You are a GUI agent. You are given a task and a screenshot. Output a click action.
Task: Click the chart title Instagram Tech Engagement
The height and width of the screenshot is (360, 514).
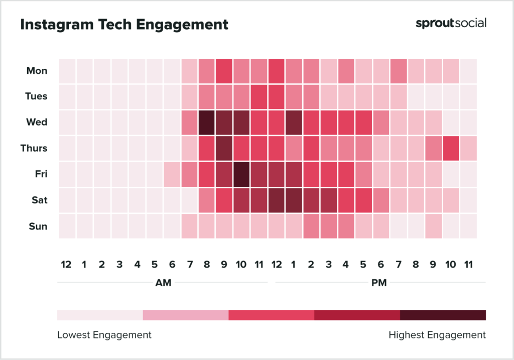(124, 24)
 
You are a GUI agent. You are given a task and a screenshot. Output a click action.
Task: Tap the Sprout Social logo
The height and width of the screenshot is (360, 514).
(451, 23)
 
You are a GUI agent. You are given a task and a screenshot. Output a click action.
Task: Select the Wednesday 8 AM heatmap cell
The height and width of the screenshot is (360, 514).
(206, 123)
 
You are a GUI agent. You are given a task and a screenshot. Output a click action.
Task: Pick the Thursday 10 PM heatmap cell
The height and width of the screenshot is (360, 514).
(450, 148)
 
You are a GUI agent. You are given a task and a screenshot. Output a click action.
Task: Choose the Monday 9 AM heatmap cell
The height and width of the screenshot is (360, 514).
(224, 71)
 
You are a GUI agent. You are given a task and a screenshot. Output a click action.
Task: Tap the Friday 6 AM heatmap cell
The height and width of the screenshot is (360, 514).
(172, 174)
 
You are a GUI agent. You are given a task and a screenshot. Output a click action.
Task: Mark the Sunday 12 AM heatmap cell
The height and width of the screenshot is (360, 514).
(67, 226)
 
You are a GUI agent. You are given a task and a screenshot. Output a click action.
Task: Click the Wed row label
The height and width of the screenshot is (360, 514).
(37, 122)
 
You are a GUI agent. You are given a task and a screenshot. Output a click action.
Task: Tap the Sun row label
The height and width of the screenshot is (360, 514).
(38, 226)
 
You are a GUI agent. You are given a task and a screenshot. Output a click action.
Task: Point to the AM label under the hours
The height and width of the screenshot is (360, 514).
(163, 283)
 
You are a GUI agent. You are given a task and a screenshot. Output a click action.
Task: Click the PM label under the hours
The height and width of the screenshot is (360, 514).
(379, 283)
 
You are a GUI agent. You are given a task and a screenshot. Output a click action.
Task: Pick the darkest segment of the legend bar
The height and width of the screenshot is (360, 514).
(443, 315)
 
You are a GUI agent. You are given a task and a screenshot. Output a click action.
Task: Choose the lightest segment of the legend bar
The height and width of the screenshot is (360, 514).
(100, 315)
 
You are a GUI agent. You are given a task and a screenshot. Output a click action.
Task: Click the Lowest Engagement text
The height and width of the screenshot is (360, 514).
(104, 335)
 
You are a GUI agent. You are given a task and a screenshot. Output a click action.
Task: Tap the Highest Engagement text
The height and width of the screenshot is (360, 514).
(437, 335)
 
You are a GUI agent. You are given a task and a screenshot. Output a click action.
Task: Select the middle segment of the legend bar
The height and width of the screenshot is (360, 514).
(271, 315)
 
